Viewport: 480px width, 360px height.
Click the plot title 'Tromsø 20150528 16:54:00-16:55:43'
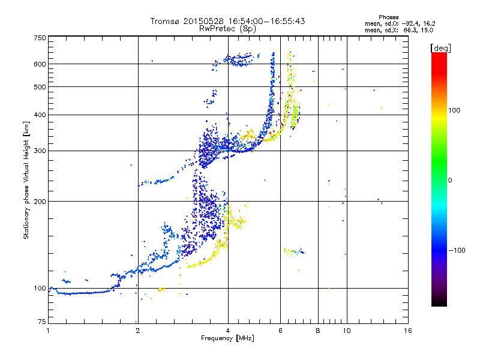(x=227, y=21)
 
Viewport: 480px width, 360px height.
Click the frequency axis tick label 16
(x=407, y=331)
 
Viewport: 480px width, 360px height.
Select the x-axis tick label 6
(x=280, y=331)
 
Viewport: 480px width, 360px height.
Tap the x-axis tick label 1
(x=49, y=331)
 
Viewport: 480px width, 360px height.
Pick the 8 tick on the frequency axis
(x=318, y=331)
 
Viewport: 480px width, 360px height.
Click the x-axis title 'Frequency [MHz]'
(x=227, y=339)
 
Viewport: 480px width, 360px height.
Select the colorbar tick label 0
(x=450, y=180)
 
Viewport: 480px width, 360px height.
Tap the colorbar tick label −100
(x=457, y=250)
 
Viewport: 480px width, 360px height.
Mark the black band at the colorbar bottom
(x=439, y=303)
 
